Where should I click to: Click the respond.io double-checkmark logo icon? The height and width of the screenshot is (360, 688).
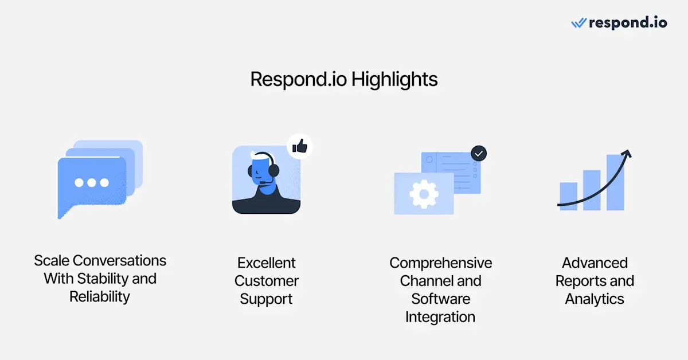pos(579,23)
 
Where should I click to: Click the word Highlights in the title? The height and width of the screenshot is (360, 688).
pos(394,80)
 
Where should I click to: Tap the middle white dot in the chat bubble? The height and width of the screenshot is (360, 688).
pos(92,183)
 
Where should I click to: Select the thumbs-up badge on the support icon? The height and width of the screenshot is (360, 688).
pos(300,146)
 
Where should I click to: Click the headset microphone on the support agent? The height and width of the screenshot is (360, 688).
pos(264,183)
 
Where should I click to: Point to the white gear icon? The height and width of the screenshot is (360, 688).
pos(424,194)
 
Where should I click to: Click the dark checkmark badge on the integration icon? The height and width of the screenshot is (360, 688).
pos(479,153)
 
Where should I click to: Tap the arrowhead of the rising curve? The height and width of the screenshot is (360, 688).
pos(627,154)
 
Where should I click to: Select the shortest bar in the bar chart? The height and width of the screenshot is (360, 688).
pos(569,196)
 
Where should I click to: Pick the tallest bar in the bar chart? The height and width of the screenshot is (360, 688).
pos(615,182)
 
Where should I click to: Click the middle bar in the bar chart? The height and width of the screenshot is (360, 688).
pos(592,190)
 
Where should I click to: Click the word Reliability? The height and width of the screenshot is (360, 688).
pos(100,297)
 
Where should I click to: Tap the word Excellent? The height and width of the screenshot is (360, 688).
pos(266,263)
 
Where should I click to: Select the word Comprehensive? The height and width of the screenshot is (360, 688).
pos(441,263)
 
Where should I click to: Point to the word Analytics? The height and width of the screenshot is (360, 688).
pos(595,299)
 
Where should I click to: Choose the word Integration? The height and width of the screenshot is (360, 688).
pos(440,317)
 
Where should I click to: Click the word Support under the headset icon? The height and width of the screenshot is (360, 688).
pos(266,299)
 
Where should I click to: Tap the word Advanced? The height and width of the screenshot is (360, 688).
pos(595,263)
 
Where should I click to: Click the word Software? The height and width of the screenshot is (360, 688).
pos(441,299)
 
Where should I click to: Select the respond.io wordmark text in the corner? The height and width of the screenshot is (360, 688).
pos(628,23)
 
